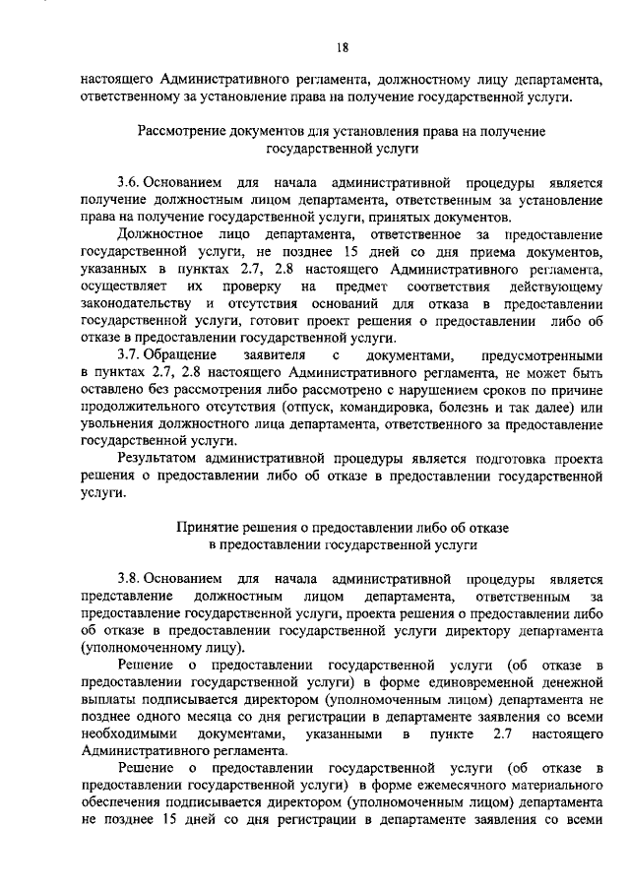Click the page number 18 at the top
click(343, 47)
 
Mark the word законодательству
click(139, 301)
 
